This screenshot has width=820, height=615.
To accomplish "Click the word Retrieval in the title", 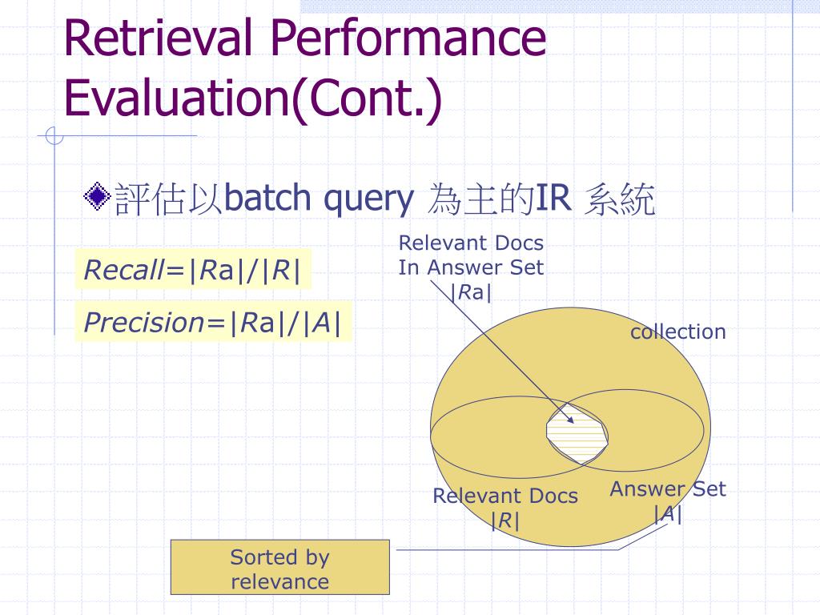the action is pos(158,38).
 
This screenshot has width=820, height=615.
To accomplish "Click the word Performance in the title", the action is pos(408,38).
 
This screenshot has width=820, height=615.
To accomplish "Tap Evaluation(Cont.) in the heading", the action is pos(253,98).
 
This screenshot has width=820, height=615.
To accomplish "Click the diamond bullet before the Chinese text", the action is pos(97,197).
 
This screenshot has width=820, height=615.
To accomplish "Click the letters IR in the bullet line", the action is pos(553,198).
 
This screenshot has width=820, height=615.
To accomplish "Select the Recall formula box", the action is pos(194,269).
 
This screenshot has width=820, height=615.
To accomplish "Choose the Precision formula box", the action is pos(213,322).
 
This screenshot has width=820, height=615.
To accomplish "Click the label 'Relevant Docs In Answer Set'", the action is pos(471,255).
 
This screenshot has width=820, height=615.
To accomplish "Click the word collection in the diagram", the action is pos(678,332).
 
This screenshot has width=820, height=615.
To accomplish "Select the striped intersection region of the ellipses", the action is pos(577,433).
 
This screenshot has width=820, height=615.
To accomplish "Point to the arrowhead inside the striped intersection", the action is pos(571,420).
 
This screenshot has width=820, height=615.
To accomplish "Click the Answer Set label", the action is pos(668,489).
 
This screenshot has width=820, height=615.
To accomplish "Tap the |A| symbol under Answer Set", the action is pos(668,514).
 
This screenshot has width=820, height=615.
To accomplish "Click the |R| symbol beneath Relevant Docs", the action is pos(505,521).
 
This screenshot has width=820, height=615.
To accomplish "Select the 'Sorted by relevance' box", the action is pos(280,567).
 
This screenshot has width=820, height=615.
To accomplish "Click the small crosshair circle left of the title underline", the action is pos(54,136).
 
